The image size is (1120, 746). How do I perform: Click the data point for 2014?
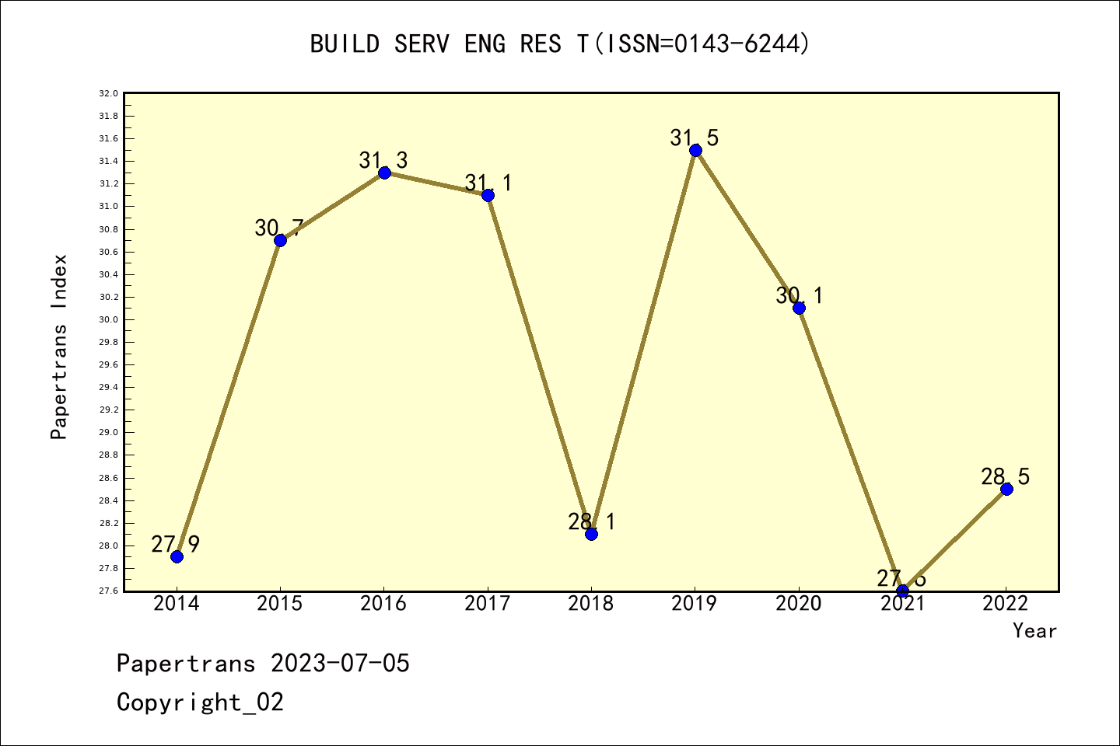[177, 556]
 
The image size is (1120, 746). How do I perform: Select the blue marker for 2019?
[695, 150]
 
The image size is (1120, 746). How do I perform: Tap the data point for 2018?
[591, 534]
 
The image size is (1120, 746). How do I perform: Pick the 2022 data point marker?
[1006, 489]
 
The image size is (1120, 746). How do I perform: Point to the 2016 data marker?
[384, 173]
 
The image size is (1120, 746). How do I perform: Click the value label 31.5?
[695, 138]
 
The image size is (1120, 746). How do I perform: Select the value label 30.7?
[279, 228]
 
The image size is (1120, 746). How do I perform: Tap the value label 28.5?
[1005, 477]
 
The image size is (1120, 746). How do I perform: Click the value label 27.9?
[176, 545]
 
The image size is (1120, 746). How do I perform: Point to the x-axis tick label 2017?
[488, 604]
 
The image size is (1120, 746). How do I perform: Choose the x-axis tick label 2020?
[799, 604]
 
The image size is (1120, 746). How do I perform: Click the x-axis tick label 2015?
[280, 604]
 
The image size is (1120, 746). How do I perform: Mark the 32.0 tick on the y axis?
[108, 93]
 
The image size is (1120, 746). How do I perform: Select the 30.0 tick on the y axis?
[108, 319]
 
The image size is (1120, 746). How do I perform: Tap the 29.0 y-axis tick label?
[108, 433]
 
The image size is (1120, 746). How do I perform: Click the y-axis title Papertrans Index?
[59, 347]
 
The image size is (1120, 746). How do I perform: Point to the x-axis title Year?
[1034, 631]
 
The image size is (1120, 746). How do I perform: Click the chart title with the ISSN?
[560, 44]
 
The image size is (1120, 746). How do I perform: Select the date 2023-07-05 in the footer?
[340, 664]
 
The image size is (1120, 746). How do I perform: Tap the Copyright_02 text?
[201, 702]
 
